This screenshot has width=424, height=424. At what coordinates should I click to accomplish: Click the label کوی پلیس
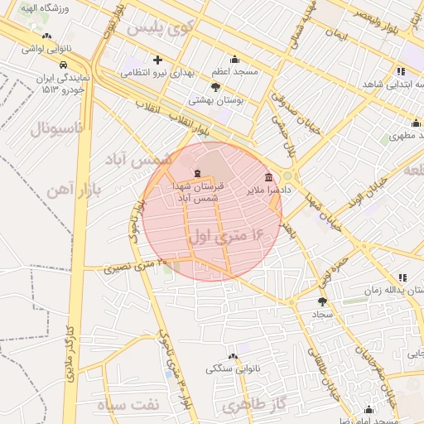pos(159,27)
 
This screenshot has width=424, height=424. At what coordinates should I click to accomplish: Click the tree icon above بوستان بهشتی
pos(216,87)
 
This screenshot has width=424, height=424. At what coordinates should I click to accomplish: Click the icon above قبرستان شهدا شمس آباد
pos(196,173)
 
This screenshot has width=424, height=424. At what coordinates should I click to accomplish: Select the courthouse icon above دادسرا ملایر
pos(269,178)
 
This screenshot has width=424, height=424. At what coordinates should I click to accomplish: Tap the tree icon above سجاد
pos(322,301)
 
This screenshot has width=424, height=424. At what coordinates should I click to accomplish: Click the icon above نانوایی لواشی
pos(47,36)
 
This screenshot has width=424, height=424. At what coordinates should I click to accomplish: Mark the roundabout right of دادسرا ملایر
pos(287,176)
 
